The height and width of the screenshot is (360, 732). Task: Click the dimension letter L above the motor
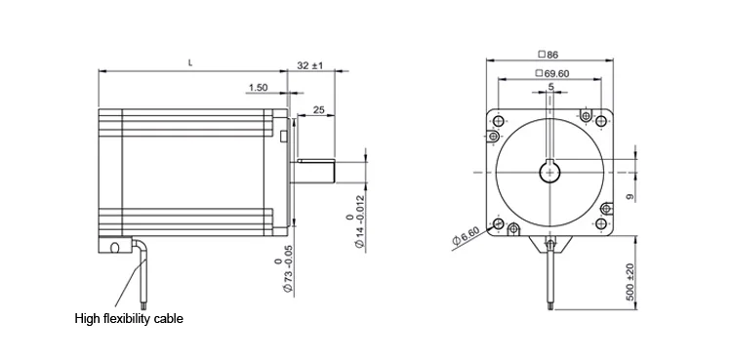coord(190,62)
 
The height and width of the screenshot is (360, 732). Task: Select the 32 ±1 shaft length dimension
coord(310,65)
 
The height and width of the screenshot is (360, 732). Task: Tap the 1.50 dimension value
coord(259,87)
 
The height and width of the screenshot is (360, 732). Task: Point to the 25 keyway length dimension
coord(318,110)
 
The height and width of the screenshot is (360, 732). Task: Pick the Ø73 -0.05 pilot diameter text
coord(284,269)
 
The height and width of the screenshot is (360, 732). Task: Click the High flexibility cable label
coord(129,319)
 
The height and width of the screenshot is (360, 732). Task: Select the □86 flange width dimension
coord(549,55)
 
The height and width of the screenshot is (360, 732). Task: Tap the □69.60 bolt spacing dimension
coord(553,73)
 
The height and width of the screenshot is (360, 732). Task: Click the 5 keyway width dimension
coord(550,87)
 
